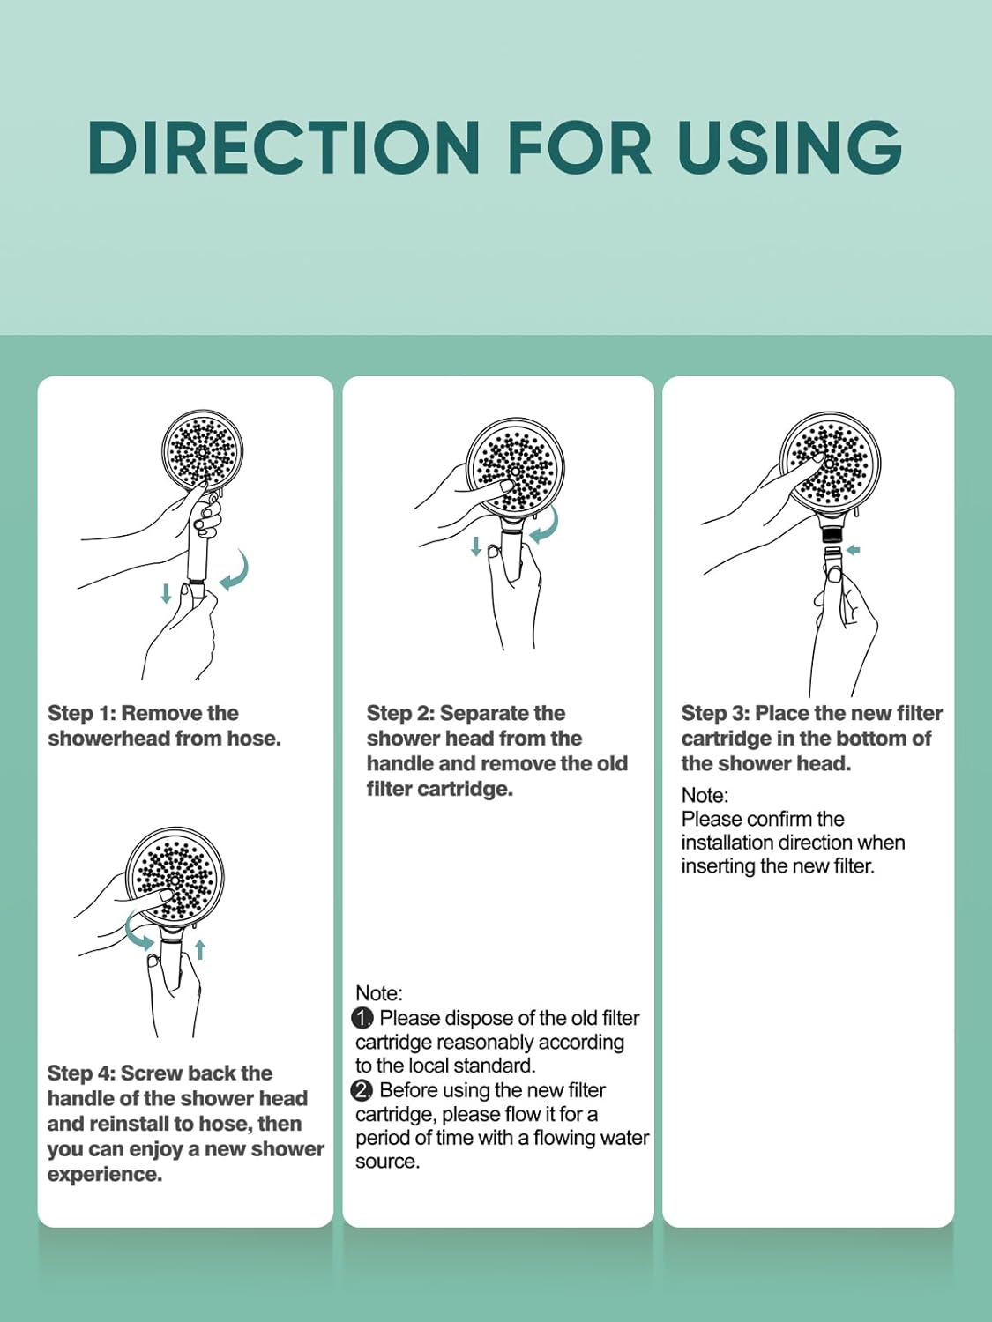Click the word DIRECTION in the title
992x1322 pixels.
tap(284, 147)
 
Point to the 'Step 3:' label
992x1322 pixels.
tap(715, 713)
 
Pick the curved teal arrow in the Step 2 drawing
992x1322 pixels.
tap(547, 525)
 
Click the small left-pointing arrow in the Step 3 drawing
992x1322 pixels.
tap(853, 549)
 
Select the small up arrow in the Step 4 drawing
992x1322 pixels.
tap(200, 950)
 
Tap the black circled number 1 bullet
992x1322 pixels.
tap(363, 1018)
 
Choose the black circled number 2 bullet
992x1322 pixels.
tap(363, 1090)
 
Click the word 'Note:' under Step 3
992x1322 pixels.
tap(705, 795)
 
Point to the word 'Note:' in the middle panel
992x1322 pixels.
tap(379, 992)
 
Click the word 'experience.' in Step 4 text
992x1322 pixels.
tap(105, 1175)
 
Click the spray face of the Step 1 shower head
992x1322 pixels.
tap(203, 450)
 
